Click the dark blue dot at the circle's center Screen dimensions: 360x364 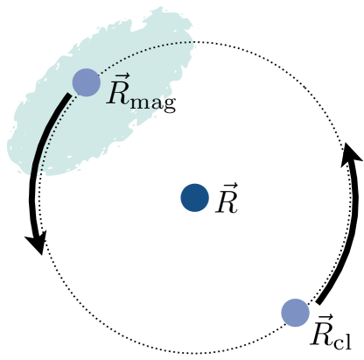194,198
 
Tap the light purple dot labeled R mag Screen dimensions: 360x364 86,82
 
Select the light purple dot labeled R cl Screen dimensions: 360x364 295,312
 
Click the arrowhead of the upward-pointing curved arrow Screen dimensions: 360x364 350,152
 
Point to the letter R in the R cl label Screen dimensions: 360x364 322,329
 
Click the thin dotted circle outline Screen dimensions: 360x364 194,41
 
